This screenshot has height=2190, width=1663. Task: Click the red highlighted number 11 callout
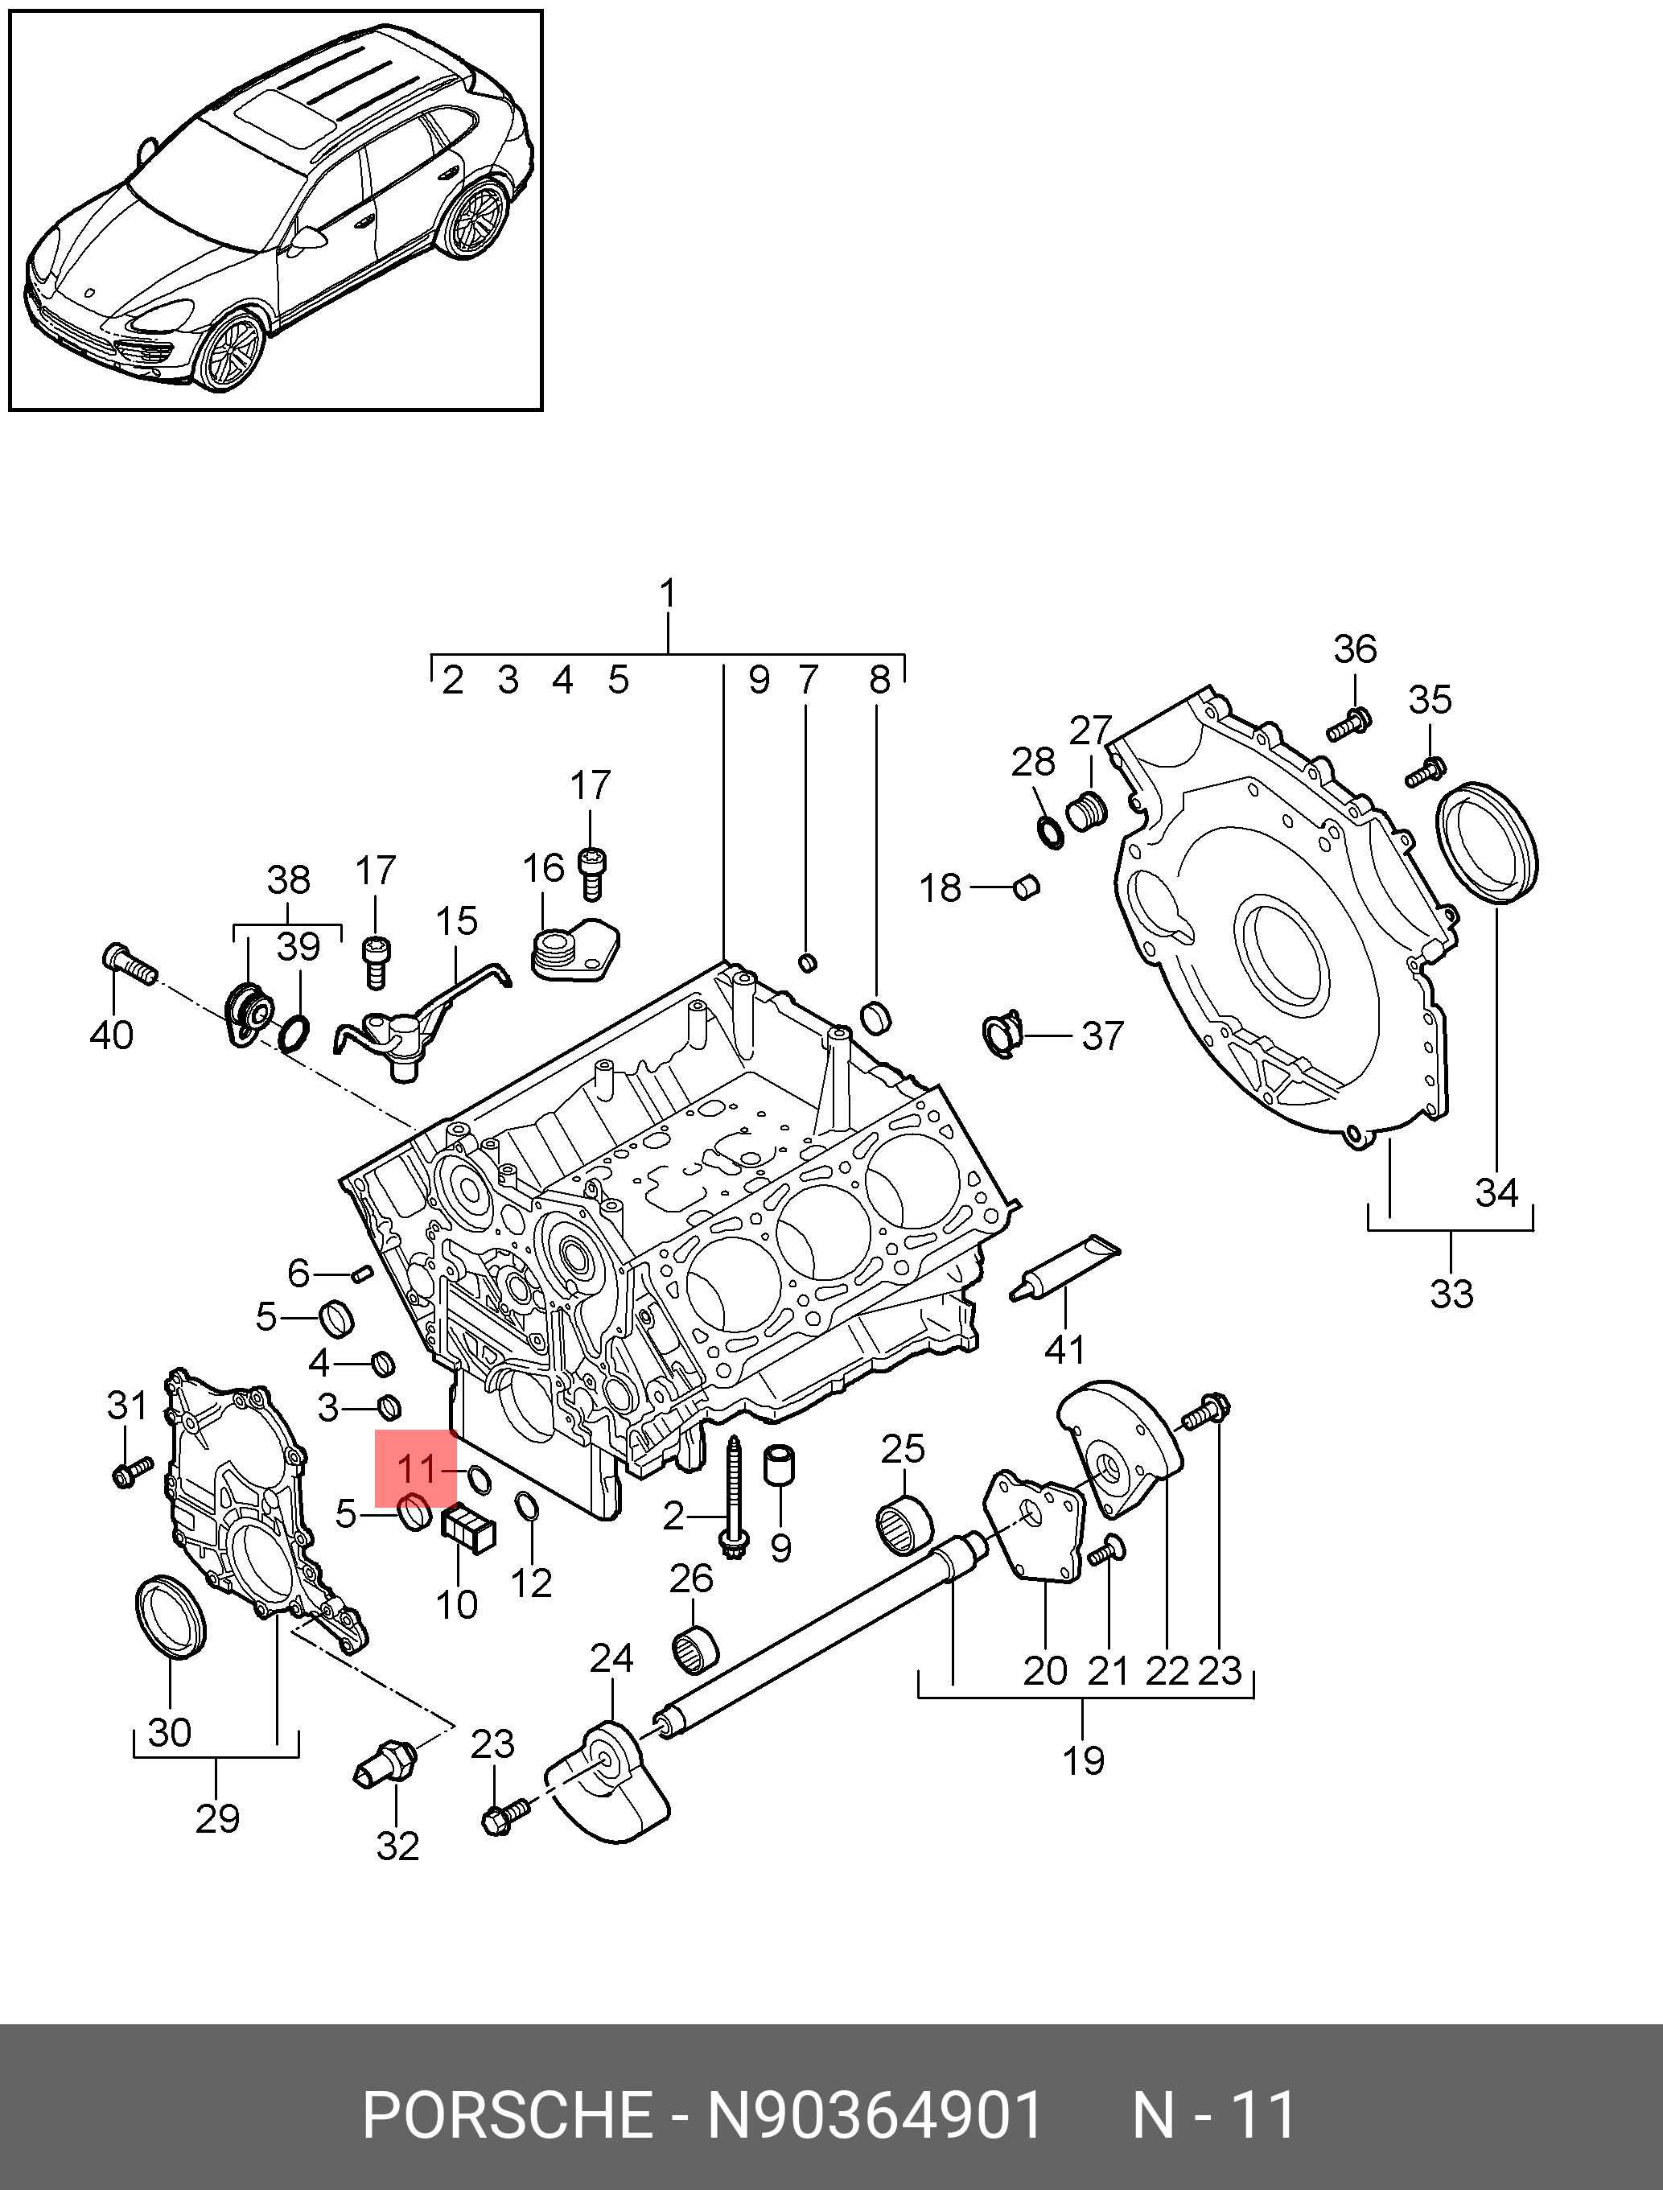click(416, 1468)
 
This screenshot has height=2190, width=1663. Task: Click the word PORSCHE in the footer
click(506, 2116)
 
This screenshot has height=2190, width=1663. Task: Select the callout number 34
click(1496, 1192)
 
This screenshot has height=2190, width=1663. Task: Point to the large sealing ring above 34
click(1485, 843)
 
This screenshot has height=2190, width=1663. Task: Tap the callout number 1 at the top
click(668, 594)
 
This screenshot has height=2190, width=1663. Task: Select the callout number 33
click(1452, 1293)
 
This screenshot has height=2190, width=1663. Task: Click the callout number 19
click(1083, 1760)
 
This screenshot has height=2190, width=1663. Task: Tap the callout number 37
click(1103, 1035)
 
